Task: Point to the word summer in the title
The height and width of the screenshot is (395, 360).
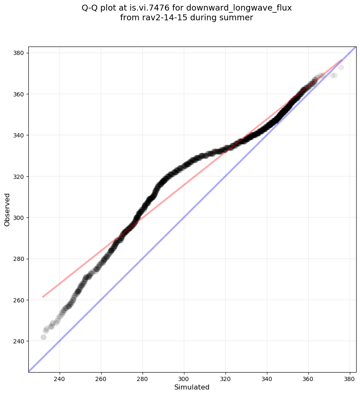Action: click(x=238, y=18)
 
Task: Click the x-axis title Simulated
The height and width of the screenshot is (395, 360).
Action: click(x=192, y=387)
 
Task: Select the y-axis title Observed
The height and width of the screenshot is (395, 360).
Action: click(x=7, y=209)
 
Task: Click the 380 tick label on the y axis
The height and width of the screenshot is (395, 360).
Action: click(x=19, y=53)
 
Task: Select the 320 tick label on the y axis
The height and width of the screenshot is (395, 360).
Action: click(x=19, y=176)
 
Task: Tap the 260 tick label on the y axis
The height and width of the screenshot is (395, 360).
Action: click(x=19, y=300)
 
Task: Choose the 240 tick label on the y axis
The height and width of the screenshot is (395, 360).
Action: click(x=19, y=341)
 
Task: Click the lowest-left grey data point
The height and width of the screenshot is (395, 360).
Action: click(x=43, y=337)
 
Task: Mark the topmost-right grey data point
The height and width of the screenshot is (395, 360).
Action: click(x=341, y=68)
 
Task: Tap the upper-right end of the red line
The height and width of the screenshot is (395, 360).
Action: click(x=341, y=60)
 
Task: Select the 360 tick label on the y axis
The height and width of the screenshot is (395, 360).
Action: click(x=19, y=94)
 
